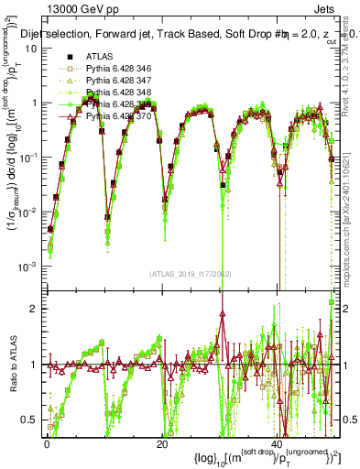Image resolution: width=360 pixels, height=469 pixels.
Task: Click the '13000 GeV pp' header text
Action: pos(64,10)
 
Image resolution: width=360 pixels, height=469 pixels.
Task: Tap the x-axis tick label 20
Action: pos(162,443)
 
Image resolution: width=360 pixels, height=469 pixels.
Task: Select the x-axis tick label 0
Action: pos(47,443)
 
